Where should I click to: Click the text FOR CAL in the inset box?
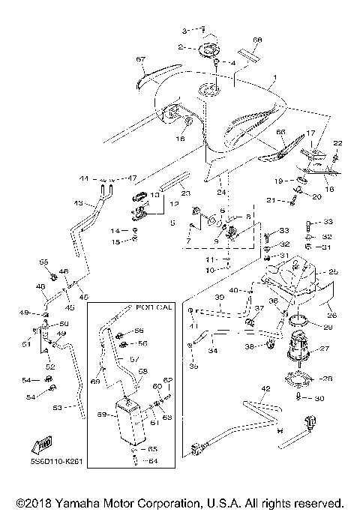pos(153,307)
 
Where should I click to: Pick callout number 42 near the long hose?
pos(265,388)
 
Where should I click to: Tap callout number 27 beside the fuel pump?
pos(325,349)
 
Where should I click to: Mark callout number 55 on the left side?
pos(43,262)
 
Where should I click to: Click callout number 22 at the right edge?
pos(337,142)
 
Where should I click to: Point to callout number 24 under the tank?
pos(221,192)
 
